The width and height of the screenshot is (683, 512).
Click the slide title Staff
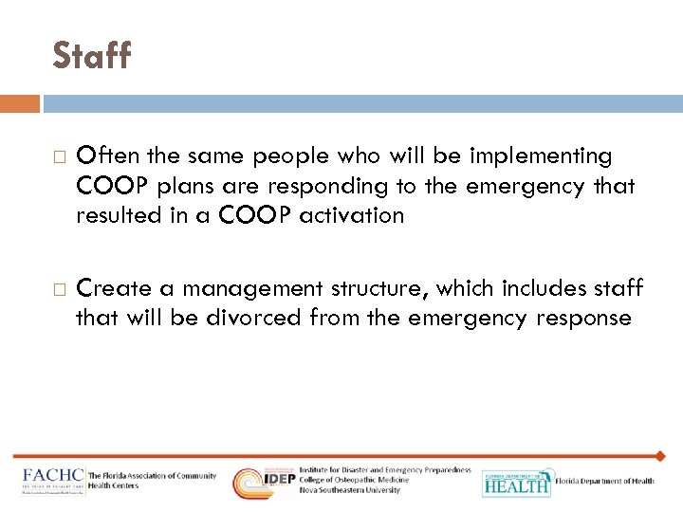point(92,56)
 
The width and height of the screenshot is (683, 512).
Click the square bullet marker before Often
point(58,155)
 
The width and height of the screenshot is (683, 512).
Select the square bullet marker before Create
point(58,288)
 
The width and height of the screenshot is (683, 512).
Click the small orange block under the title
point(20,103)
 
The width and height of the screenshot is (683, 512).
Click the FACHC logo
point(53,479)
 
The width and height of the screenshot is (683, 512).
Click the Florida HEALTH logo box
point(516,483)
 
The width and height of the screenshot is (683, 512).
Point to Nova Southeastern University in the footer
point(349,490)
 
